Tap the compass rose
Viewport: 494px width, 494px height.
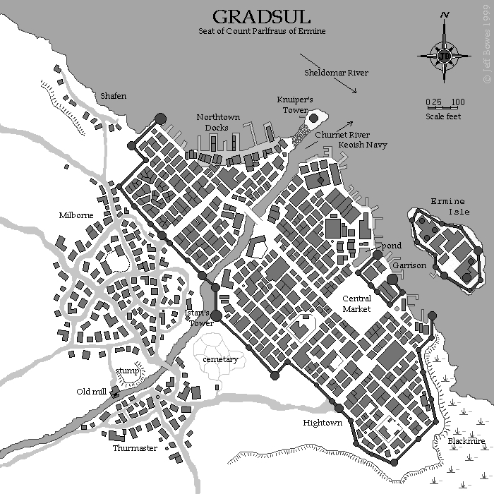pyautogui.click(x=444, y=54)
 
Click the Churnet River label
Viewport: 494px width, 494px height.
pyautogui.click(x=343, y=134)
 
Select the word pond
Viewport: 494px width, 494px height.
pyautogui.click(x=392, y=245)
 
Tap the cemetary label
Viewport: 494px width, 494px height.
pyautogui.click(x=220, y=359)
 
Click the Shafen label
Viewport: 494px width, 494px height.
pyautogui.click(x=113, y=96)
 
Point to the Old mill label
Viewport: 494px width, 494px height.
pyautogui.click(x=92, y=391)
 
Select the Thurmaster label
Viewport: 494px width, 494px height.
pyautogui.click(x=135, y=447)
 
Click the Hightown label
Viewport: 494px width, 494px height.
pyautogui.click(x=323, y=422)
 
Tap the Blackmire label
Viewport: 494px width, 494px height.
pyautogui.click(x=466, y=442)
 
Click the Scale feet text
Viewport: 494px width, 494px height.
pyautogui.click(x=444, y=116)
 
